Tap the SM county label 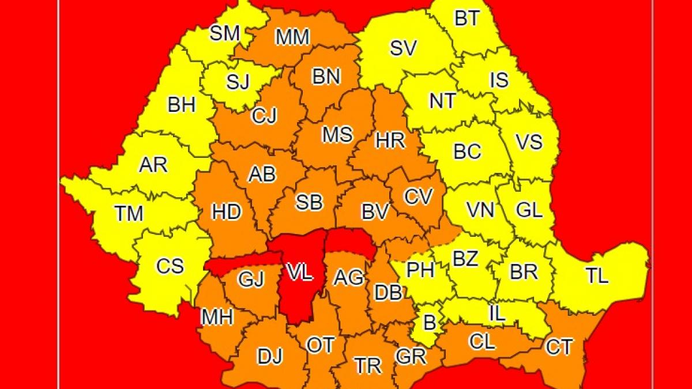click(224, 33)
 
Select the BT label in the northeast click(467, 18)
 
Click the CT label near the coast click(559, 347)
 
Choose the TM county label click(129, 214)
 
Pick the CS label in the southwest click(170, 266)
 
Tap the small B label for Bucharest click(430, 323)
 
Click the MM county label click(292, 37)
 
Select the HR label click(390, 140)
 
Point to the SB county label click(309, 202)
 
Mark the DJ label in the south click(270, 357)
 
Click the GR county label click(411, 356)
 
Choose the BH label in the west click(182, 105)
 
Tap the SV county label click(403, 48)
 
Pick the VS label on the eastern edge click(528, 141)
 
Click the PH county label click(420, 270)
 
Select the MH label click(217, 316)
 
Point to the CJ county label click(264, 116)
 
